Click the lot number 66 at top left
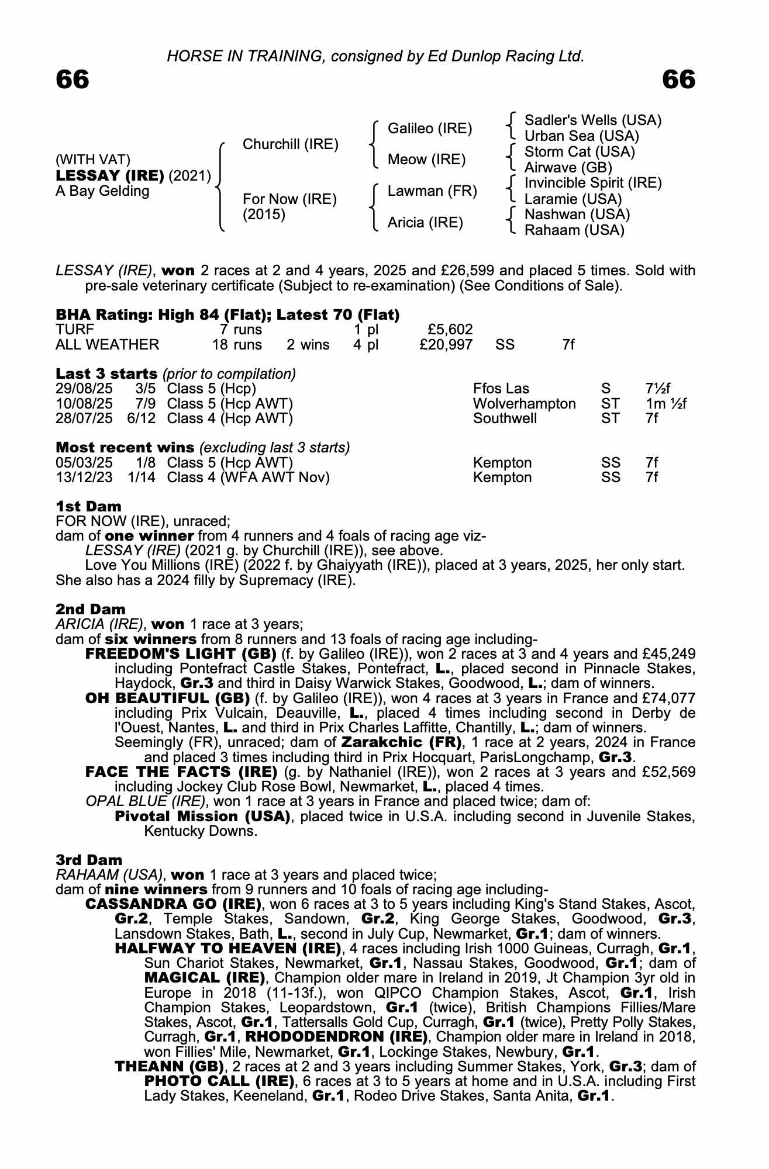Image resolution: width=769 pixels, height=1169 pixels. (73, 79)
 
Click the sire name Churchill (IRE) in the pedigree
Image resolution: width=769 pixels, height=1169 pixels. (290, 144)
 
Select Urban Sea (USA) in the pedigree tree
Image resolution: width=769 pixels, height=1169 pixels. (581, 136)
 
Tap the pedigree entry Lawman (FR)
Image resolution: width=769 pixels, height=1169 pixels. (432, 191)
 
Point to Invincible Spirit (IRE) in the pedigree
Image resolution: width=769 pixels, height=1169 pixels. (592, 183)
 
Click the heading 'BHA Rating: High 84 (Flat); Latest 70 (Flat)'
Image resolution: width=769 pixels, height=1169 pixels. (227, 315)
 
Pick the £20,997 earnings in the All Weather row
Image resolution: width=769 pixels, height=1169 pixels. (446, 345)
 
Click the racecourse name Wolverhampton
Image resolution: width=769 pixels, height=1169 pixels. (524, 404)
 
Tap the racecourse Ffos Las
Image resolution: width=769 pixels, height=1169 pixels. (501, 389)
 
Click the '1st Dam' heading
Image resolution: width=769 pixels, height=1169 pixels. (88, 506)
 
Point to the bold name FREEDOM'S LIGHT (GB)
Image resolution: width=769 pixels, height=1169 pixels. (181, 653)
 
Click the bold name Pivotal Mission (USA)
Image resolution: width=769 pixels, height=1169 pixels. (202, 816)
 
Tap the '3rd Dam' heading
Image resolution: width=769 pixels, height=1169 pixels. (89, 860)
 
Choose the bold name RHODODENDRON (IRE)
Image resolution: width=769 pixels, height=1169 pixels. (335, 1037)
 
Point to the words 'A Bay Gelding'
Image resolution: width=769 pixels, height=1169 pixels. (102, 191)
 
